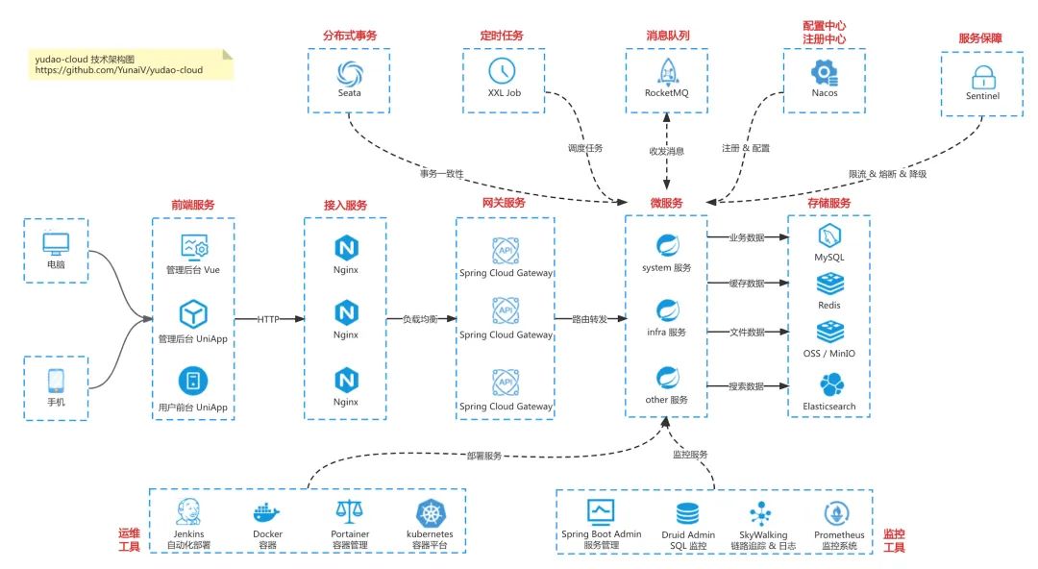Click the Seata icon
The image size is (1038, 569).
tap(347, 72)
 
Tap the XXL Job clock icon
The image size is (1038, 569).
tap(503, 71)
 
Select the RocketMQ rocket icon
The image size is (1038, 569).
tap(667, 71)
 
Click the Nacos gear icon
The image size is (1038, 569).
tap(824, 71)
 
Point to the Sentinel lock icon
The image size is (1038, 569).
tap(982, 76)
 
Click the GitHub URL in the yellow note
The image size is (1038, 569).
tap(119, 70)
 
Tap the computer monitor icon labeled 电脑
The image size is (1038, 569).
tap(57, 243)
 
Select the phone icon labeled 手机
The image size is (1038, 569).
tap(57, 380)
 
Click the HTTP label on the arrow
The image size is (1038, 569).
tap(269, 319)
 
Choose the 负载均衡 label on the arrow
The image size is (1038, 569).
tap(420, 319)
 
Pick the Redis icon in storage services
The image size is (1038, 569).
tap(829, 284)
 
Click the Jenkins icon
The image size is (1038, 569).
tap(188, 511)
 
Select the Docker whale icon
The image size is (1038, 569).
tap(268, 512)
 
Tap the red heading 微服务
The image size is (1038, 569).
tap(666, 203)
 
